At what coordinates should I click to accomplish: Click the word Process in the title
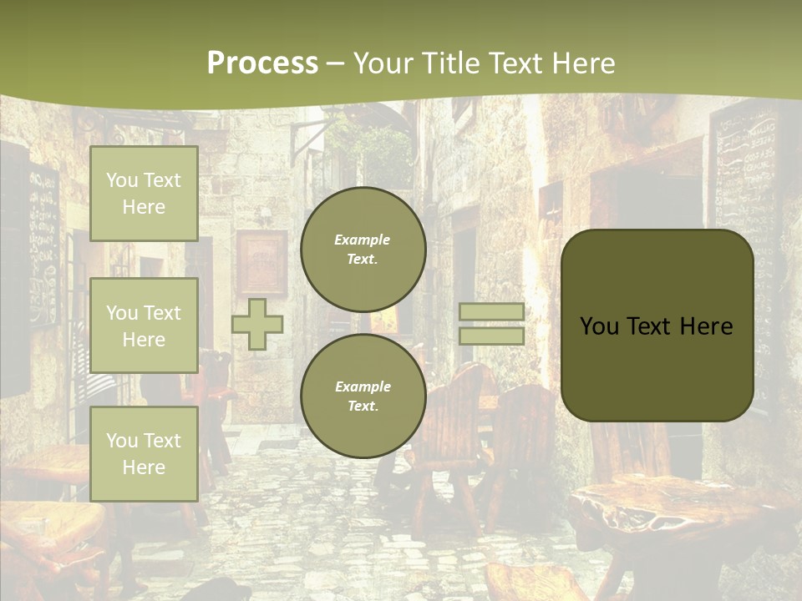tap(262, 63)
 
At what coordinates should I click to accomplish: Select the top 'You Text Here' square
tap(144, 194)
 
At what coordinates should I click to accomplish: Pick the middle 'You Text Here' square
tap(144, 326)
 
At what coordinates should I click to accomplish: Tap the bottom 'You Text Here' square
tap(144, 453)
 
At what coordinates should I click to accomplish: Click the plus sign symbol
tap(257, 324)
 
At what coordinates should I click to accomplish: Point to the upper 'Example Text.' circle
tap(363, 249)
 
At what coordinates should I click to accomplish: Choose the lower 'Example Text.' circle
tap(363, 396)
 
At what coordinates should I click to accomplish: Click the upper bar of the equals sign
tap(492, 311)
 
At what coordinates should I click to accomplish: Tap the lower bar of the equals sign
tap(492, 336)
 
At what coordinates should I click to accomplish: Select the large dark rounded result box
tap(657, 326)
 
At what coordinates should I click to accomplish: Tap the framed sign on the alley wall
tap(261, 263)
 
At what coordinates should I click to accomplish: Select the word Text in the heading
tap(515, 63)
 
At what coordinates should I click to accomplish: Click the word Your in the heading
tap(383, 63)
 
